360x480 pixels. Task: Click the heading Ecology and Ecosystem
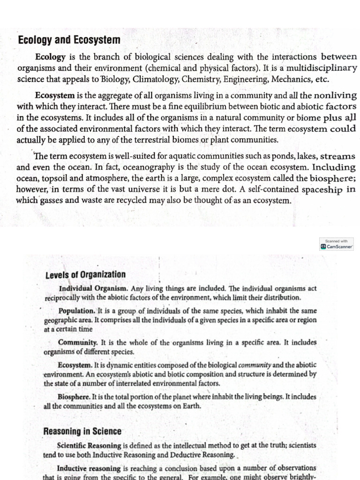[x=69, y=40]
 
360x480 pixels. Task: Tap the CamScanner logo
[x=336, y=246]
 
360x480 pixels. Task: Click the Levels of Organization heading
[x=85, y=275]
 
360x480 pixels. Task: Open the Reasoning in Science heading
[x=82, y=431]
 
